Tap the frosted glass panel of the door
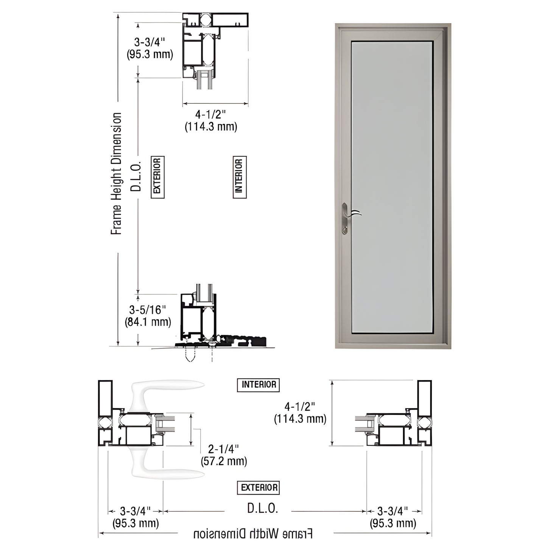pos(392,185)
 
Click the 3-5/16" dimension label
pos(148,310)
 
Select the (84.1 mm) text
pos(148,322)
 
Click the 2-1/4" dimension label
pos(223,449)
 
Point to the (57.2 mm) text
pos(224,461)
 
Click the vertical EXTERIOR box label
pos(157,177)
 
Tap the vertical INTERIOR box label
pos(239,177)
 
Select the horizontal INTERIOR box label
pos(259,385)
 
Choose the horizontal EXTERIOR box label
pos(259,488)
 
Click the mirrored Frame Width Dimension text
pos(253,534)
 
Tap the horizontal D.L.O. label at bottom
pos(263,508)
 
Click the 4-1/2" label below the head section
pos(210,114)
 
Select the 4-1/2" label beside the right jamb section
pos(300,407)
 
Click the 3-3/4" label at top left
pos(150,42)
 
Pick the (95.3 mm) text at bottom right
pos(393,523)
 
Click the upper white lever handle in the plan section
pos(167,390)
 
